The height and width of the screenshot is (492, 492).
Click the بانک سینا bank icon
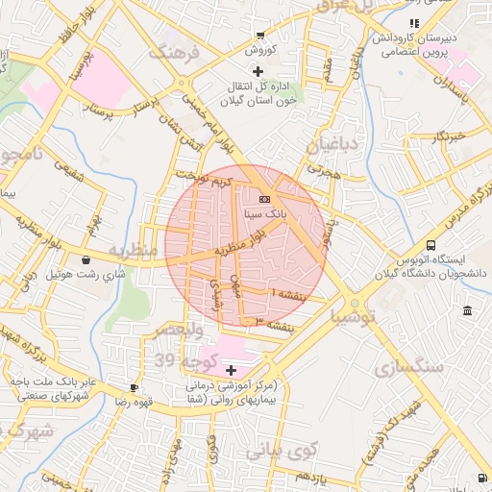[265, 199]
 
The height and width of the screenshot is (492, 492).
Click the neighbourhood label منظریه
[131, 252]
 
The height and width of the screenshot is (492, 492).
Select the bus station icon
[430, 245]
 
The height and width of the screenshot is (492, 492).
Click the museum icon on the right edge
[467, 310]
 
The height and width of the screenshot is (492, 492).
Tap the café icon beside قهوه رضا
[133, 388]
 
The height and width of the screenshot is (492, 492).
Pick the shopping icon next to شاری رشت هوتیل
[86, 259]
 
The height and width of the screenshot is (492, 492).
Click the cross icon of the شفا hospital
[231, 370]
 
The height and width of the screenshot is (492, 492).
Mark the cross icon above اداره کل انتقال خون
[257, 71]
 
